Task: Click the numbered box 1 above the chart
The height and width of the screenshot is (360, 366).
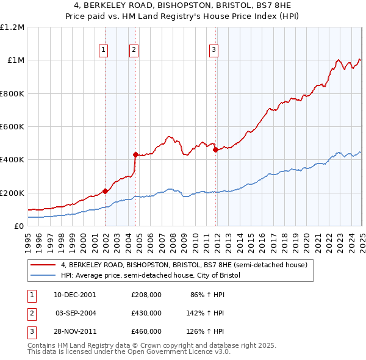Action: coord(104,51)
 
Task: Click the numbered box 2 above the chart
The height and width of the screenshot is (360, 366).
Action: coord(134,51)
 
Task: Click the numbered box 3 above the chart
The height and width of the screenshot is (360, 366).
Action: coord(215,51)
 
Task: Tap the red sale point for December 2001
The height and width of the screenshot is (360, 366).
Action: coord(105,192)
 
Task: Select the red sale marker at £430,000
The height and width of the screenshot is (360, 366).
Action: coord(135,154)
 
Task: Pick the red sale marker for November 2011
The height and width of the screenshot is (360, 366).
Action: coord(215,149)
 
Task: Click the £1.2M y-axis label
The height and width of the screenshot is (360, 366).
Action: coord(13,27)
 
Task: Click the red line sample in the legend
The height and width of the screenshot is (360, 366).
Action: coord(43,265)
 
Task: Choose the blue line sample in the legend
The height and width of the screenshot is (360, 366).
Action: coord(43,276)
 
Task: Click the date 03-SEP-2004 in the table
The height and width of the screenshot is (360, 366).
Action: coord(76,312)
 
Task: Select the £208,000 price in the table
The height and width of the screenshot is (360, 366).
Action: coord(146,294)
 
